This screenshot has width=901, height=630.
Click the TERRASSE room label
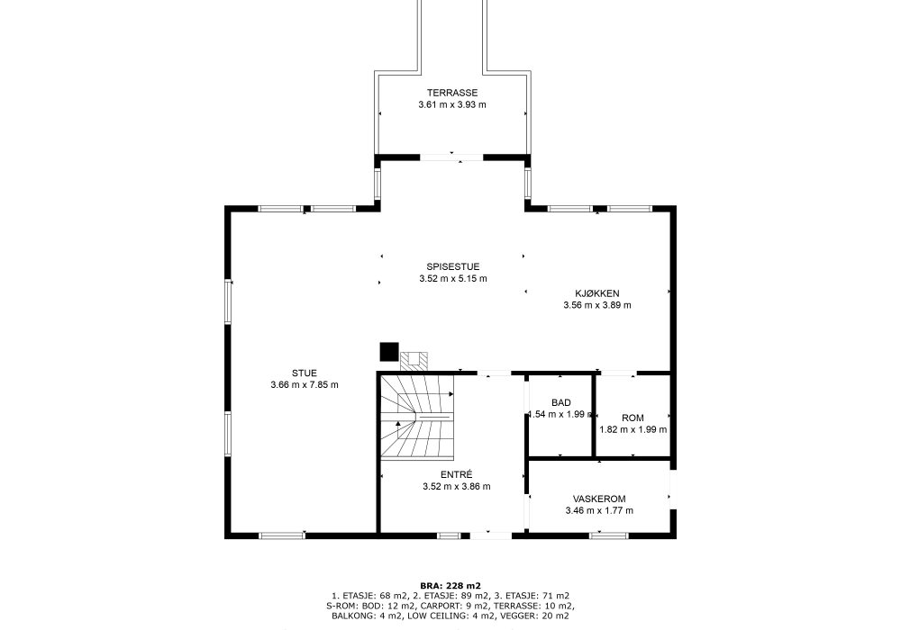click(x=452, y=93)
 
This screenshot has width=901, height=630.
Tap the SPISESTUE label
click(x=452, y=266)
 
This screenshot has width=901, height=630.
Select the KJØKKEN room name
click(x=597, y=293)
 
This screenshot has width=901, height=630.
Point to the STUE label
click(x=304, y=373)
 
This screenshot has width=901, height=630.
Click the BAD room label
click(x=560, y=402)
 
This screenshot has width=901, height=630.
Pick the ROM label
click(x=633, y=418)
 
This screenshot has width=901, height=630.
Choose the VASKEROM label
click(x=599, y=499)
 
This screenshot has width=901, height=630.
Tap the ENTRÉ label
click(x=457, y=474)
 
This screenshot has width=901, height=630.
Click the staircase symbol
click(x=417, y=418)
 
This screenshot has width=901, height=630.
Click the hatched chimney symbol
click(x=415, y=359)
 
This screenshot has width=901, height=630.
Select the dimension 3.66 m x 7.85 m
click(x=304, y=385)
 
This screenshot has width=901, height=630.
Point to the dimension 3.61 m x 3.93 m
click(x=452, y=104)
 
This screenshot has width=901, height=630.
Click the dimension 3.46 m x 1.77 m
click(x=599, y=511)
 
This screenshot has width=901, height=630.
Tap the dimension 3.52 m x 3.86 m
click(x=457, y=487)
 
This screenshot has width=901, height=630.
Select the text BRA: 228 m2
click(x=450, y=585)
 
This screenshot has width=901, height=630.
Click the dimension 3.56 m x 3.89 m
click(x=597, y=305)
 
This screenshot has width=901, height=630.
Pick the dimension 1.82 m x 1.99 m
click(x=633, y=429)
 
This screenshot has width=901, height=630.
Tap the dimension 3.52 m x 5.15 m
click(x=452, y=279)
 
